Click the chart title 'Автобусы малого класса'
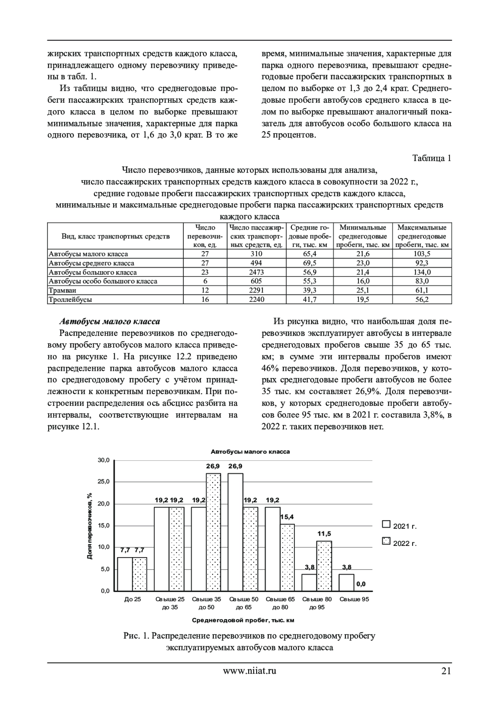pyautogui.click(x=250, y=452)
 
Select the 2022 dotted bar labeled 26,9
pyautogui.click(x=213, y=532)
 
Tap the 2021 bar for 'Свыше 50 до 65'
pyautogui.click(x=235, y=532)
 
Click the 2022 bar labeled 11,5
pyautogui.click(x=324, y=565)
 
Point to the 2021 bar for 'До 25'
pyautogui.click(x=125, y=574)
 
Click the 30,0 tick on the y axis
pyautogui.click(x=103, y=460)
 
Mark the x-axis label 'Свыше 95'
pyautogui.click(x=354, y=600)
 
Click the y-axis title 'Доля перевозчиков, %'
pyautogui.click(x=89, y=526)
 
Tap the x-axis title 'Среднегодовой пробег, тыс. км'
pyautogui.click(x=243, y=620)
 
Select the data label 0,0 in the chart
pyautogui.click(x=361, y=584)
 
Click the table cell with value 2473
pyautogui.click(x=256, y=272)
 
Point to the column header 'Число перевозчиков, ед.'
pyautogui.click(x=205, y=236)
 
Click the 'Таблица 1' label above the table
pyautogui.click(x=431, y=158)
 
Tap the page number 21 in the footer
pyautogui.click(x=446, y=670)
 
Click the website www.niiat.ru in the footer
pyautogui.click(x=249, y=670)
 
